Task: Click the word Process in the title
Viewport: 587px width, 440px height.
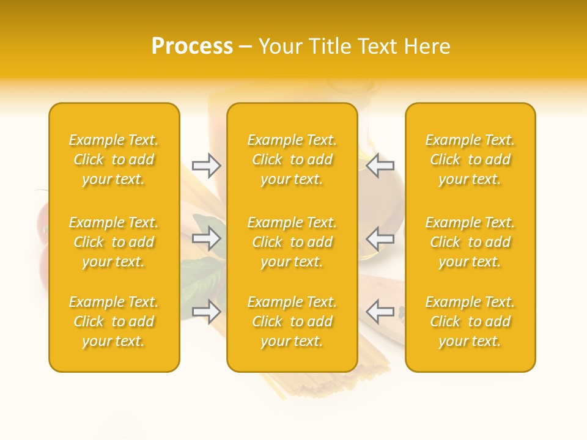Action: pyautogui.click(x=192, y=46)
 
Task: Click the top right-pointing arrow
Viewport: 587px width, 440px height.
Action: pyautogui.click(x=207, y=165)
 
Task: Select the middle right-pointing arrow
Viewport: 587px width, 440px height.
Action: pyautogui.click(x=207, y=239)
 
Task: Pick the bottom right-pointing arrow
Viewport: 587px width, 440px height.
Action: pyautogui.click(x=207, y=311)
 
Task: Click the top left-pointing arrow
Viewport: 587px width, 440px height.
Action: pyautogui.click(x=380, y=165)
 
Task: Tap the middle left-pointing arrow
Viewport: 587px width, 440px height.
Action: pyautogui.click(x=380, y=239)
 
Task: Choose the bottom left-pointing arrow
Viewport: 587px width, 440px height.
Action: pyautogui.click(x=380, y=311)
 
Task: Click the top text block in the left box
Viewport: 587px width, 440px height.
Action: pyautogui.click(x=114, y=159)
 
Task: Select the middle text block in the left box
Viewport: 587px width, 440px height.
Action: pyautogui.click(x=114, y=242)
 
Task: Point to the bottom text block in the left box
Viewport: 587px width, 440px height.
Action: pyautogui.click(x=114, y=321)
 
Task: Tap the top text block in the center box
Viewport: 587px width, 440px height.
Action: pyautogui.click(x=292, y=159)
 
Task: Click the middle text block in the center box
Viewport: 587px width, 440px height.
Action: pyautogui.click(x=292, y=242)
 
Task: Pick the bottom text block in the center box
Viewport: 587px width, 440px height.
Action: pyautogui.click(x=292, y=321)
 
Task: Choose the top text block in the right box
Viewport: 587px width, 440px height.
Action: pyautogui.click(x=470, y=159)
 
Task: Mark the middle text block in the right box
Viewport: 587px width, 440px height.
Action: pyautogui.click(x=470, y=242)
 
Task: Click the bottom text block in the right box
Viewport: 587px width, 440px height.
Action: pyautogui.click(x=470, y=321)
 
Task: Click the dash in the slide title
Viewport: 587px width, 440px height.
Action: pyautogui.click(x=246, y=47)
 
